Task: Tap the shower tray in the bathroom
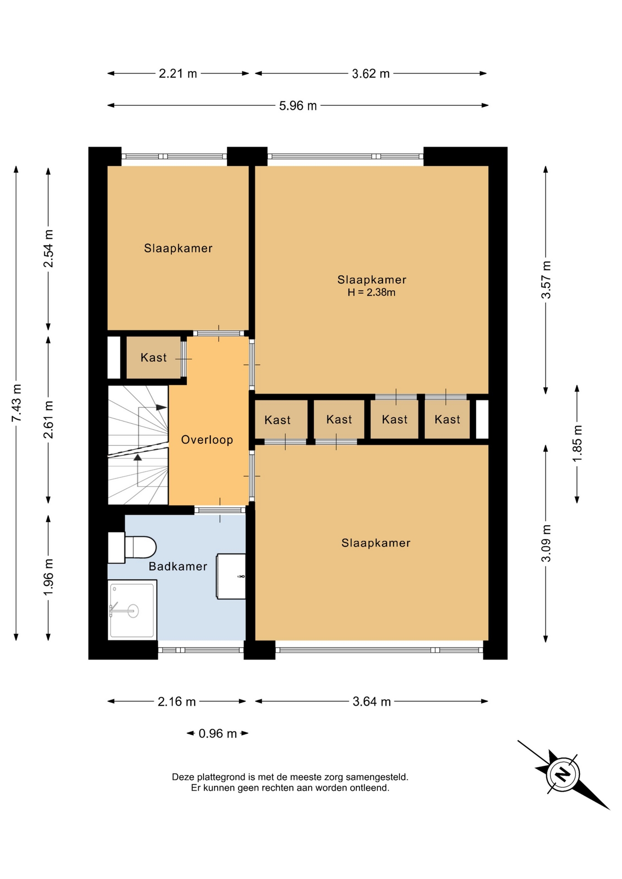(x=132, y=609)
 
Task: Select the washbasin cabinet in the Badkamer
(x=231, y=576)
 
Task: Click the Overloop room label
(x=207, y=440)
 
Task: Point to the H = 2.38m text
(x=371, y=293)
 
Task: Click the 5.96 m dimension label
(x=298, y=106)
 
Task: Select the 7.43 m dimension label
(x=16, y=403)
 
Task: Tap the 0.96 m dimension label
(x=218, y=733)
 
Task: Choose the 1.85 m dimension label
(x=577, y=444)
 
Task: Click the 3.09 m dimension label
(x=546, y=543)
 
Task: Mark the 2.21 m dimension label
(x=178, y=74)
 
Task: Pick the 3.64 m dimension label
(x=371, y=701)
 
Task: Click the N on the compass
(x=563, y=774)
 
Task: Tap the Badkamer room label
(x=178, y=566)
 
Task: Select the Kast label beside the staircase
(x=153, y=358)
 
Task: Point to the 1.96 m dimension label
(x=49, y=577)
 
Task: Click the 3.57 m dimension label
(x=546, y=280)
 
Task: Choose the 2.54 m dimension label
(x=49, y=249)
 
